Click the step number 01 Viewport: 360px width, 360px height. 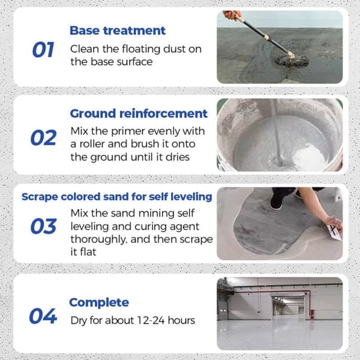click(43, 50)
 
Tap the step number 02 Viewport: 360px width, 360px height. click(43, 137)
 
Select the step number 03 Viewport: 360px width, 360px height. click(43, 226)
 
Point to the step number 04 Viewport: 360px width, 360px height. click(43, 316)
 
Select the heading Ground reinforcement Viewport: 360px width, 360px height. click(139, 113)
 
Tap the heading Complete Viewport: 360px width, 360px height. click(98, 302)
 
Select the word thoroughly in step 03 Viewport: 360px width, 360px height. click(100, 240)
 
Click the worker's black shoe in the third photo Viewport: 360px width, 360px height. click(275, 203)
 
